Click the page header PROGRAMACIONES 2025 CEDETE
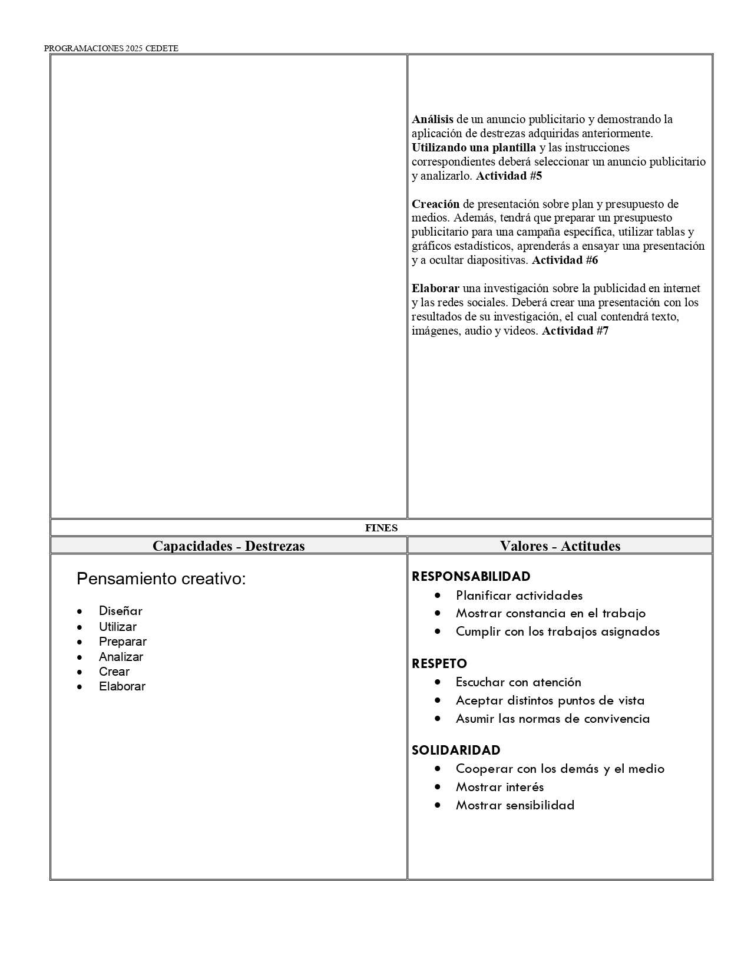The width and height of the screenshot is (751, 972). click(111, 48)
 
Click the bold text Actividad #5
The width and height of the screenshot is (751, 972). click(508, 176)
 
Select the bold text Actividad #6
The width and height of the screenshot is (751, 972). click(565, 260)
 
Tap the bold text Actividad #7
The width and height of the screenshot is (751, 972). click(575, 330)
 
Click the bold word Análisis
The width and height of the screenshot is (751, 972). click(432, 119)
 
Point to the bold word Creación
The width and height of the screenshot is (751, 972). click(435, 204)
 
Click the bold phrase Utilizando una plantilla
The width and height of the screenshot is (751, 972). click(474, 147)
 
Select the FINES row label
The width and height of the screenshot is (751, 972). click(381, 528)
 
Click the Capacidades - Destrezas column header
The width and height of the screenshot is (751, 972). click(229, 545)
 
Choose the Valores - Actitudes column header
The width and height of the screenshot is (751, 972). click(560, 545)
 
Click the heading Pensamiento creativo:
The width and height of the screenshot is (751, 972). click(161, 578)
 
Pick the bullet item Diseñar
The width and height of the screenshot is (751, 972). click(120, 611)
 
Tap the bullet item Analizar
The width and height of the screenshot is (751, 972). click(121, 656)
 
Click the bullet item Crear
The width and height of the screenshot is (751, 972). click(114, 672)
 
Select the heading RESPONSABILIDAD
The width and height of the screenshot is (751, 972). click(471, 576)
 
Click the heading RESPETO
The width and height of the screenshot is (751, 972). click(439, 663)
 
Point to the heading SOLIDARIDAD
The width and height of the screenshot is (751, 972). click(455, 750)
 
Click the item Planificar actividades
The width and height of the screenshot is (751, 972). click(519, 595)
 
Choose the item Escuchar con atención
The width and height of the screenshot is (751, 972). click(518, 682)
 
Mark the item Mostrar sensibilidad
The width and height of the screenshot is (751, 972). click(515, 805)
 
